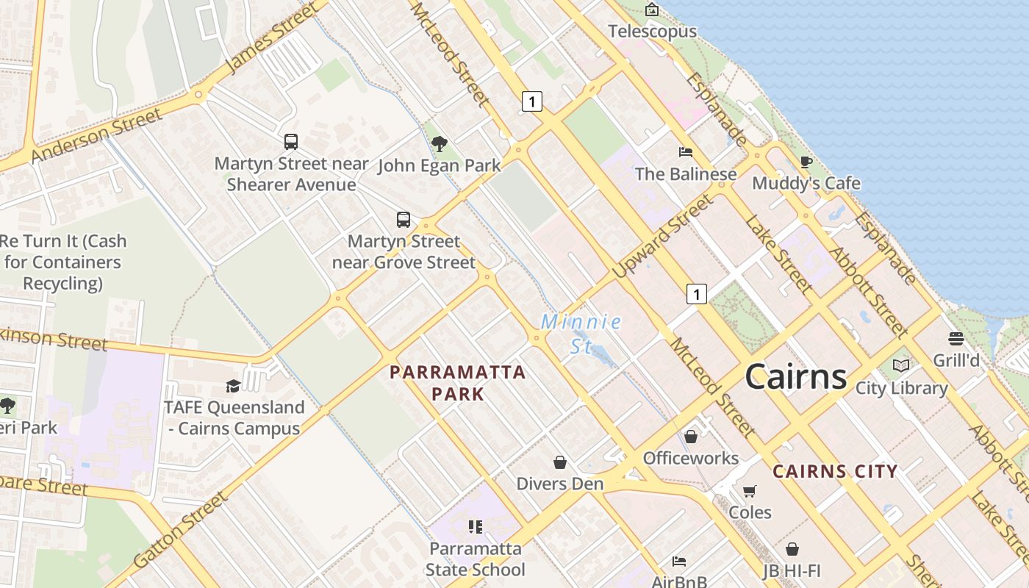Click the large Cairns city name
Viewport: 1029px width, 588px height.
(795, 376)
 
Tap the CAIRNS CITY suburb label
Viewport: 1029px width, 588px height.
(835, 471)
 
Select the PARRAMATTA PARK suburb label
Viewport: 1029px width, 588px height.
(457, 383)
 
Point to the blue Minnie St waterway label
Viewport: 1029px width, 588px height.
(581, 333)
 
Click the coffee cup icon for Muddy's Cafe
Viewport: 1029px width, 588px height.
(806, 162)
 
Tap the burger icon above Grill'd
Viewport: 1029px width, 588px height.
(955, 339)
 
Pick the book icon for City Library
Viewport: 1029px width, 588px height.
(900, 365)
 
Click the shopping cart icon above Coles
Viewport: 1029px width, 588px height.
(749, 491)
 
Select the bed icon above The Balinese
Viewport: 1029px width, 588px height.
(685, 152)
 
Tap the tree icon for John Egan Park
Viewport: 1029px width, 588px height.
(439, 144)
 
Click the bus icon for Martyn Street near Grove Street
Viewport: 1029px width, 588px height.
(403, 219)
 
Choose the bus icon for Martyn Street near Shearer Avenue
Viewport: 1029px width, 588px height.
(291, 141)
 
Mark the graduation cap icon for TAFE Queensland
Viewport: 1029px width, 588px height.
(233, 386)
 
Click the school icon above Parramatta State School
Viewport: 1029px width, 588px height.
(476, 526)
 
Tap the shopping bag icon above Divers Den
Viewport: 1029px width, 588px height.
(560, 462)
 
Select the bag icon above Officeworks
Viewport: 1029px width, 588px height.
(690, 437)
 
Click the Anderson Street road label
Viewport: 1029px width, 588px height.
(96, 136)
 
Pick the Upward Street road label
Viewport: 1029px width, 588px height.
(662, 236)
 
